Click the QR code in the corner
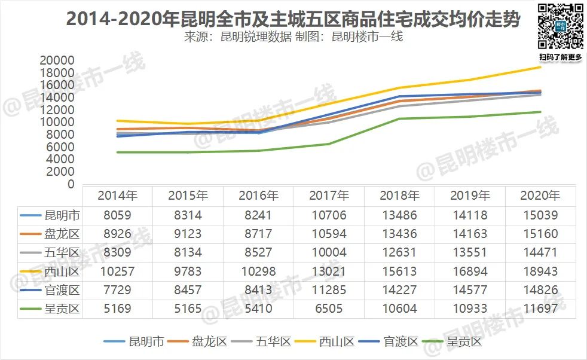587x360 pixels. pyautogui.click(x=560, y=27)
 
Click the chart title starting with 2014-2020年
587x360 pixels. pyautogui.click(x=293, y=19)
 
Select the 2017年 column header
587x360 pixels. pyautogui.click(x=329, y=196)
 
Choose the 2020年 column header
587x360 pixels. pyautogui.click(x=540, y=196)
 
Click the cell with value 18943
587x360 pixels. pyautogui.click(x=540, y=271)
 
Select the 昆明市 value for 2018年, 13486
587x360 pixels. pyautogui.click(x=399, y=215)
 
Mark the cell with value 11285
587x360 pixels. pyautogui.click(x=329, y=291)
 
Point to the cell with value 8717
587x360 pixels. pyautogui.click(x=258, y=234)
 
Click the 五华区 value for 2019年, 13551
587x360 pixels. pyautogui.click(x=470, y=252)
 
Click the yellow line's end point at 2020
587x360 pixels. pyautogui.click(x=540, y=67)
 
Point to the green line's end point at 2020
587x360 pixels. pyautogui.click(x=540, y=112)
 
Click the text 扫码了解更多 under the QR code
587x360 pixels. pyautogui.click(x=560, y=57)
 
